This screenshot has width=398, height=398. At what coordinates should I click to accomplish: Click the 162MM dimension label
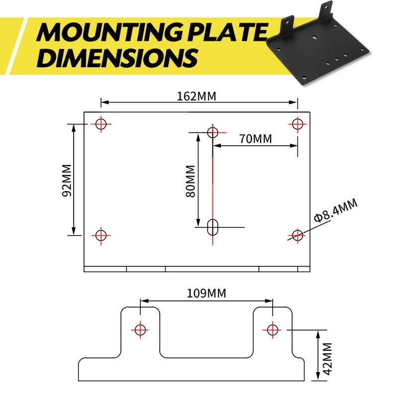tap(197, 97)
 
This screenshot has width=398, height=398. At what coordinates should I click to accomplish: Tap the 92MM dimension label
tap(67, 180)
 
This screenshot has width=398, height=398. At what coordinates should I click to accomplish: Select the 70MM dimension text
tap(255, 139)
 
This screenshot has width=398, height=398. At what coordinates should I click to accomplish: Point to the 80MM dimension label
tap(191, 181)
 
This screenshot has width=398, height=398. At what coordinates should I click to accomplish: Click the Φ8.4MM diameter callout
tap(335, 210)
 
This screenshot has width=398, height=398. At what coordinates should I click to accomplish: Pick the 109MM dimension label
tap(206, 294)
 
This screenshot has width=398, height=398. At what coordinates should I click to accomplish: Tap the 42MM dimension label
tap(327, 358)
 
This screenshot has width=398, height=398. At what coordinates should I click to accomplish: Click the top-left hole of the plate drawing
tap(101, 124)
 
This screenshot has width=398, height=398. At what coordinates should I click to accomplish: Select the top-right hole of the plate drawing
tap(297, 124)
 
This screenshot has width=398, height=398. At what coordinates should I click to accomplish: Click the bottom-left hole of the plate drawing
tap(101, 235)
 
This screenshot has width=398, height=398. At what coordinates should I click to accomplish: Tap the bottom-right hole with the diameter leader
tap(297, 235)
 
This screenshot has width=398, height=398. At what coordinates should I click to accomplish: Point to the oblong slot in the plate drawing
tap(213, 227)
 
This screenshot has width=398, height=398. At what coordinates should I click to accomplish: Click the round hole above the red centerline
tap(213, 132)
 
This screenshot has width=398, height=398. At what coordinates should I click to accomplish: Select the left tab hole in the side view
tap(140, 330)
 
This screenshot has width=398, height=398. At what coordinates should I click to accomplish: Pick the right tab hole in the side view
tap(272, 330)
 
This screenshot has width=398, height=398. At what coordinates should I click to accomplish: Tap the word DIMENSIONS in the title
tap(117, 58)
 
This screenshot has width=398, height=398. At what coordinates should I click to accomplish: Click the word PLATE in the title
tap(227, 32)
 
